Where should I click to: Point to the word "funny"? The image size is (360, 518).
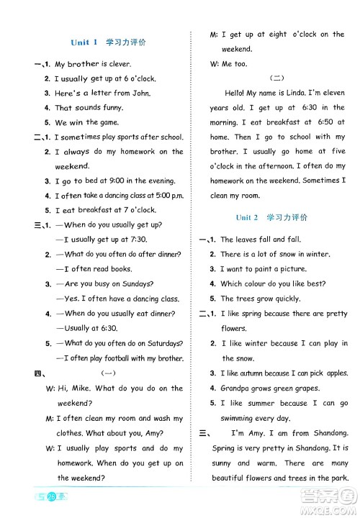(x=109, y=108)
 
